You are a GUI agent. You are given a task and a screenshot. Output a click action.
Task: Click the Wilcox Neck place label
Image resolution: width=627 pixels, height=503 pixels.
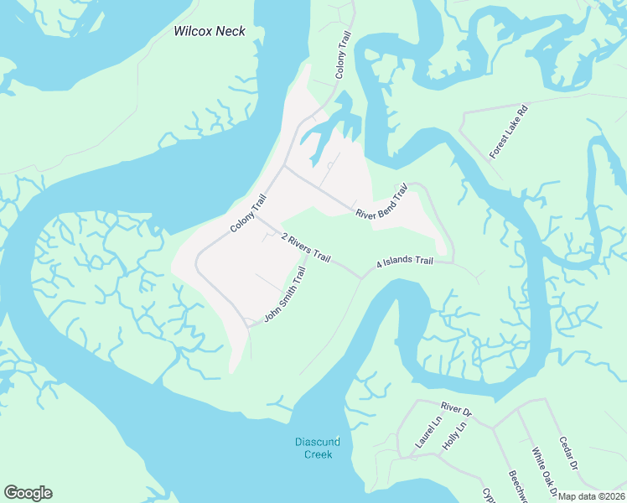[x=209, y=31]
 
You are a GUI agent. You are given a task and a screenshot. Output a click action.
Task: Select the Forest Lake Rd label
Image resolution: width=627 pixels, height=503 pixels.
[x=510, y=132]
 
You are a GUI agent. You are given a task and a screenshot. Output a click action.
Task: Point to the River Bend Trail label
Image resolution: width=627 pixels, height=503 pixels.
[x=386, y=202]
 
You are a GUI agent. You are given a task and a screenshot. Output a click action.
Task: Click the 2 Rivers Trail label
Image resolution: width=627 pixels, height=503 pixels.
[x=307, y=246]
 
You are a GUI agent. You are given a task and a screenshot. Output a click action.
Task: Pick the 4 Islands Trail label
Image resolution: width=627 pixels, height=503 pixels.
[x=404, y=262]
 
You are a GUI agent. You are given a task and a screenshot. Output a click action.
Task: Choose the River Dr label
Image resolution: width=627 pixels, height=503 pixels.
[x=456, y=411]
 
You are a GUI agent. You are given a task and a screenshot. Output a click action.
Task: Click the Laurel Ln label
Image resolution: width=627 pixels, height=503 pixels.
[x=427, y=433]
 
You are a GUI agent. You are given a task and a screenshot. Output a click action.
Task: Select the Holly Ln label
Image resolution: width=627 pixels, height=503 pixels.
[x=453, y=437]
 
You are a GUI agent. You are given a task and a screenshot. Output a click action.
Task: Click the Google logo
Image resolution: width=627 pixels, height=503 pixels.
[x=28, y=493]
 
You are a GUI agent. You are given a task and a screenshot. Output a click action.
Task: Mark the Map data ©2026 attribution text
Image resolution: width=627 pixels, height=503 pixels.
[x=591, y=496]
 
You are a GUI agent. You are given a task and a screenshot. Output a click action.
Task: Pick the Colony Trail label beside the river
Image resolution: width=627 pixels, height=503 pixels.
[x=248, y=214]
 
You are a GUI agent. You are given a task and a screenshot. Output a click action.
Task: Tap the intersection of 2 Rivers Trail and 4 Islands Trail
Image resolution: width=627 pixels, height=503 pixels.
[x=361, y=276]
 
